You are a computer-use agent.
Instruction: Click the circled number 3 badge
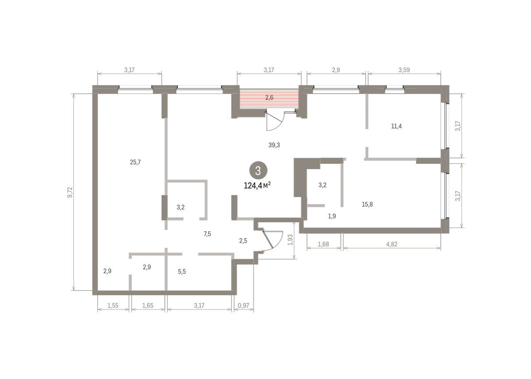click(x=258, y=170)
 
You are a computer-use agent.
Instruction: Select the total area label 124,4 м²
click(x=257, y=186)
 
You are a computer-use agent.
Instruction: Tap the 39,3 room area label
click(x=274, y=145)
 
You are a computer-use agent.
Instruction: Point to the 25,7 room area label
click(x=135, y=162)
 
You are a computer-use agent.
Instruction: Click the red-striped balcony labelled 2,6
click(x=269, y=99)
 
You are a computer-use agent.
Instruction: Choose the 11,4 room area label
click(x=396, y=126)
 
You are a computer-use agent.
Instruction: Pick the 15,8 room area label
click(x=367, y=204)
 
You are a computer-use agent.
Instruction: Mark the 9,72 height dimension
click(x=70, y=192)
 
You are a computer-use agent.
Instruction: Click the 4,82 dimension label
click(x=392, y=244)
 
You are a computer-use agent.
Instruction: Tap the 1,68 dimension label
click(x=323, y=244)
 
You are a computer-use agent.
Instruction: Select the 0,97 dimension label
click(x=243, y=306)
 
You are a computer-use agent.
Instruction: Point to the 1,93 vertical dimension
click(x=290, y=240)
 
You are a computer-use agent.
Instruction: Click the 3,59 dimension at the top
click(x=404, y=70)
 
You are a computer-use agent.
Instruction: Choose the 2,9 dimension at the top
click(x=336, y=70)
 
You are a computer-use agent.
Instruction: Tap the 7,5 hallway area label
click(x=207, y=234)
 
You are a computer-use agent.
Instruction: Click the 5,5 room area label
click(x=182, y=271)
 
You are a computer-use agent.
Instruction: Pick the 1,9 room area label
click(x=332, y=216)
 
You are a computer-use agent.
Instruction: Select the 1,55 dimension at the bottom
click(x=113, y=306)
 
